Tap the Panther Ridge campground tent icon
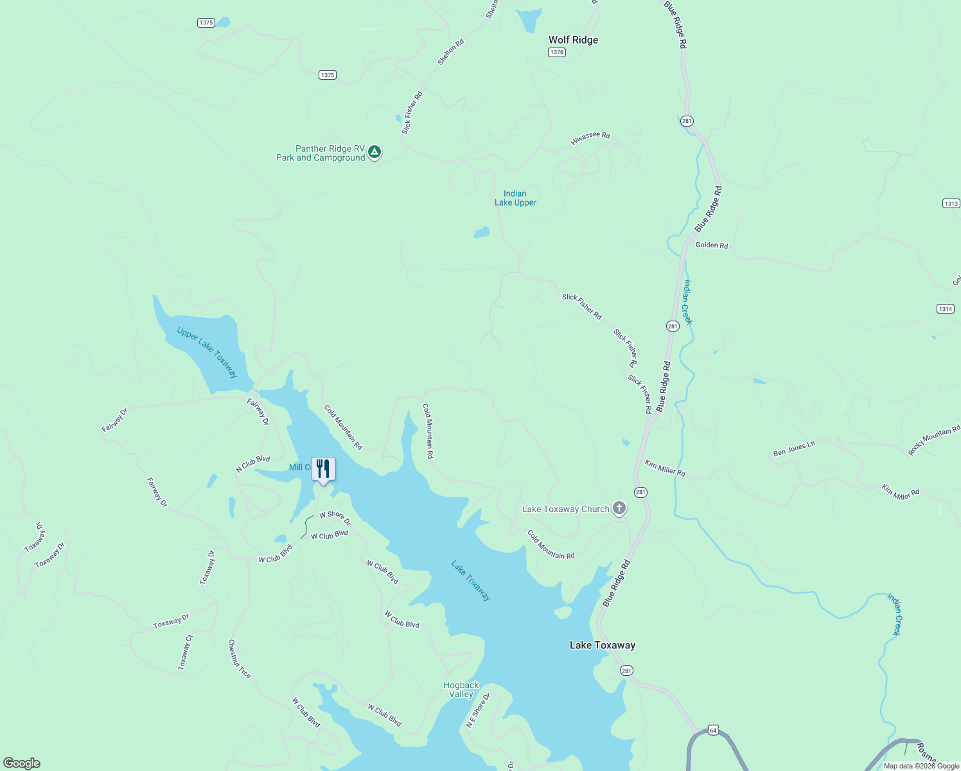375,152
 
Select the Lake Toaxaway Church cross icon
619,508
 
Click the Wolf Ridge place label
573,40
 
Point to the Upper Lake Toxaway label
207,353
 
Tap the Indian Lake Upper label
515,198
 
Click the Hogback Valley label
461,689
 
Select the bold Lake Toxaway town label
602,645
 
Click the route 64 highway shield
712,731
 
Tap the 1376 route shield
557,53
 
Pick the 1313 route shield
951,204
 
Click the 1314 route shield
946,309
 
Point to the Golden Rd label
712,245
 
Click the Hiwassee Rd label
590,137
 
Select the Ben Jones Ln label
794,448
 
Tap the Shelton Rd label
450,52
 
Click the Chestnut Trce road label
240,659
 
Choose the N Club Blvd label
252,464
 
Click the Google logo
22,763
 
